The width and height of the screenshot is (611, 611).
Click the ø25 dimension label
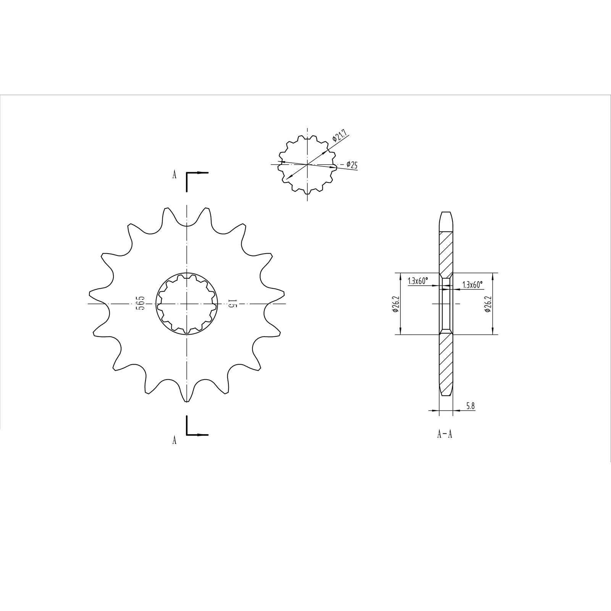pos(352,165)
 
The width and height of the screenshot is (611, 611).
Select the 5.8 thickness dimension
pos(470,406)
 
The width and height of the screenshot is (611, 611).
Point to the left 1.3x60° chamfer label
pos(418,281)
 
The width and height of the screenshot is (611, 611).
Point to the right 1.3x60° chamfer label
pos(472,285)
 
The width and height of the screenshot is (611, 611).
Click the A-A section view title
pos(445,434)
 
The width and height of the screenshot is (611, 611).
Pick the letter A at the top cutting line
pos(175,175)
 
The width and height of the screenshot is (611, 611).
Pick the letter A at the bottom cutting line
pos(175,440)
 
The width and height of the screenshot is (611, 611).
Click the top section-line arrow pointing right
pos(202,173)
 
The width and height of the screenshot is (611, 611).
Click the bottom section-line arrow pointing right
pos(202,435)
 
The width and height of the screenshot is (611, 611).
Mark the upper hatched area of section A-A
pos(446,254)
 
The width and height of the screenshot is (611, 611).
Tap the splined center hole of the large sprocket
pos(186,304)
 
